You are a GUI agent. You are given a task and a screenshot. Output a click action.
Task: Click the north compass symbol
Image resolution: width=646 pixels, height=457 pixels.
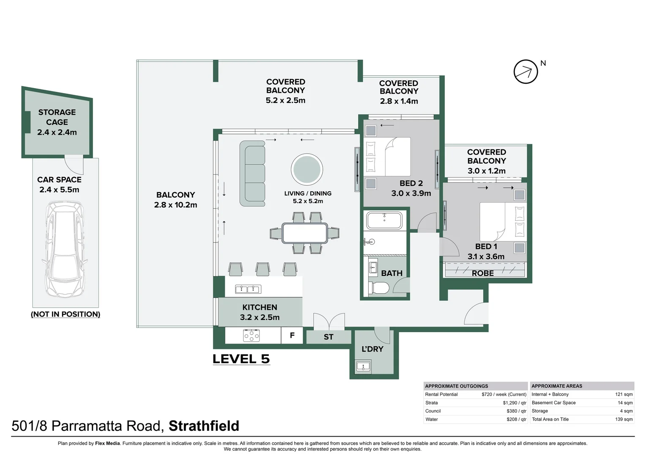(x=526, y=72)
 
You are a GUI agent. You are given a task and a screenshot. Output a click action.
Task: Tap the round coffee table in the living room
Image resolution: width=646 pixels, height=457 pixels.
(x=307, y=169)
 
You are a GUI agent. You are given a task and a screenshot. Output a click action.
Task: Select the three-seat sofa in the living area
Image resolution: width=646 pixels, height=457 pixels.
(x=252, y=173)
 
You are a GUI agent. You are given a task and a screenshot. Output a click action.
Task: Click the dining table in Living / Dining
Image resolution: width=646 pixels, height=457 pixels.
(x=304, y=233)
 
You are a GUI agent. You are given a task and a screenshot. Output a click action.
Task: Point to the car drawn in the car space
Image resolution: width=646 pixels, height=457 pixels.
(x=66, y=249)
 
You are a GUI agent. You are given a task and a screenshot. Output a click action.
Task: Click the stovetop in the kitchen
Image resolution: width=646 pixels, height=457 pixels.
(x=251, y=336)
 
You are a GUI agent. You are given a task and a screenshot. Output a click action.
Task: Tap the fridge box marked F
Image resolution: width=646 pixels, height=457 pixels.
(x=292, y=336)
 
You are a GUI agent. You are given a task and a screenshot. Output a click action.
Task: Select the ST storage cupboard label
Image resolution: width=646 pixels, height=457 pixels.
(x=328, y=337)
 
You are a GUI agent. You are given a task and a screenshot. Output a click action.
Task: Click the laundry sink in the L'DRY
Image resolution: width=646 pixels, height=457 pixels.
(x=363, y=366)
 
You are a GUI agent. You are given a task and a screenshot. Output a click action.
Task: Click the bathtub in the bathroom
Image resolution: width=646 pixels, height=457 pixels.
(x=384, y=220)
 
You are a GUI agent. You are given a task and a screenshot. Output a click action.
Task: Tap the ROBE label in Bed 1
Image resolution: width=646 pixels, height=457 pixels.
(x=483, y=273)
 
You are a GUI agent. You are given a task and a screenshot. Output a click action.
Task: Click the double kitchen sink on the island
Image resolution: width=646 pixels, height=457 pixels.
(x=248, y=289)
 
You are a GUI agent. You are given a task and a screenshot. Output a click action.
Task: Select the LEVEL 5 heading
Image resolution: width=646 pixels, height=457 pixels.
(x=241, y=359)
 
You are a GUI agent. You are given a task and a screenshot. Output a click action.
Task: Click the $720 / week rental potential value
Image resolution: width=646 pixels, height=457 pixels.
(x=504, y=394)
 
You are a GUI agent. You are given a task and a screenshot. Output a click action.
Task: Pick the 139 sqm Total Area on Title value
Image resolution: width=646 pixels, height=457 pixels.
(x=624, y=419)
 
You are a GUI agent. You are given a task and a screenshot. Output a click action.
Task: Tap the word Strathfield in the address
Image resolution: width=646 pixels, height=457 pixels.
(x=204, y=426)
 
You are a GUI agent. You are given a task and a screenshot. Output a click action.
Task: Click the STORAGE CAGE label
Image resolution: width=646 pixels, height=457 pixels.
(x=57, y=117)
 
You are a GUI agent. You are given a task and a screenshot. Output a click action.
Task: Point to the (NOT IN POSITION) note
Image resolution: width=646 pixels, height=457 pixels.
(x=66, y=314)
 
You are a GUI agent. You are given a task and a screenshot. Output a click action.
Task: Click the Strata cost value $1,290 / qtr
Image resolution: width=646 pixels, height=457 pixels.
(x=515, y=403)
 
